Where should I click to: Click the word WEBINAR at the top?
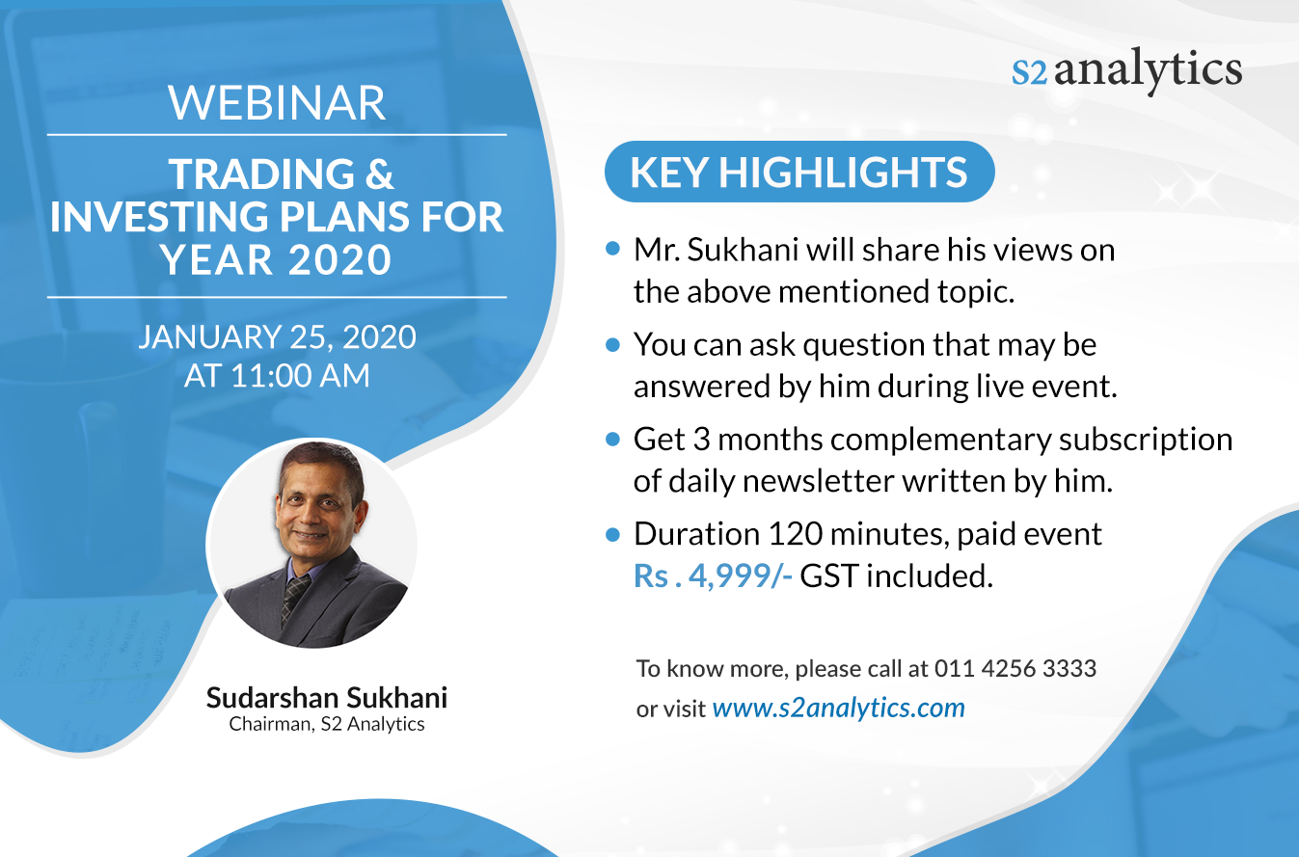[x=277, y=103]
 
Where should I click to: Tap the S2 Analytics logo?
[x=1126, y=70]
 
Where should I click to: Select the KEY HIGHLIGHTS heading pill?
[x=799, y=172]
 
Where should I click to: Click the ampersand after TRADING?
[x=380, y=174]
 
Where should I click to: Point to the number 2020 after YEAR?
[x=339, y=259]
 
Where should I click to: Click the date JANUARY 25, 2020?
[x=277, y=336]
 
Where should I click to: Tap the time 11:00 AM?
[x=300, y=375]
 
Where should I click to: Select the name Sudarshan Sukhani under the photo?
[x=327, y=698]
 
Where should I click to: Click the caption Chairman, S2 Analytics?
[x=327, y=724]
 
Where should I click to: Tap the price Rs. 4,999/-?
[x=713, y=576]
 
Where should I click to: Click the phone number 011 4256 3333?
[x=1015, y=669]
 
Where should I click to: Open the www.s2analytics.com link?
[x=839, y=708]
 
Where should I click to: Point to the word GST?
[x=828, y=576]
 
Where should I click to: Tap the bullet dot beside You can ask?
[x=612, y=344]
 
